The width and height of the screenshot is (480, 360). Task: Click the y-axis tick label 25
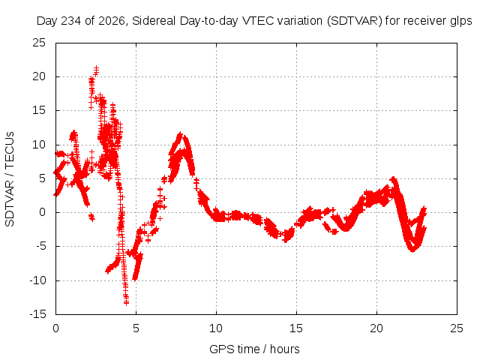(x=39, y=43)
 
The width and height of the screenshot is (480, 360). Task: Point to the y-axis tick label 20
(x=39, y=76)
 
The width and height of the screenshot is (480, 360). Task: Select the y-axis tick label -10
(x=37, y=280)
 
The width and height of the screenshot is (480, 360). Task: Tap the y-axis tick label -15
(x=37, y=314)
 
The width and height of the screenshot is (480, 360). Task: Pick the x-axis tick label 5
(x=136, y=328)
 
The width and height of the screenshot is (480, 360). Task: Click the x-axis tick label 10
(x=216, y=328)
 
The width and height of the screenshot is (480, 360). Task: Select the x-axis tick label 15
(x=296, y=328)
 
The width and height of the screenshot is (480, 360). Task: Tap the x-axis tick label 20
(x=376, y=328)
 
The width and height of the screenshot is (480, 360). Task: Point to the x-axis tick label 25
(x=457, y=328)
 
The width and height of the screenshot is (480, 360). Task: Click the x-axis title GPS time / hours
(x=254, y=349)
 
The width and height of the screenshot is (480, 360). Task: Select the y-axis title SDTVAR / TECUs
(x=10, y=179)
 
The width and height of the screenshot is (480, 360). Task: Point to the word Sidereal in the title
(x=154, y=21)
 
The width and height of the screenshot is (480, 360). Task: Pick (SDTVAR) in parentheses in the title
(x=355, y=21)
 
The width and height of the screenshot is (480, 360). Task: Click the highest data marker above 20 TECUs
(x=97, y=68)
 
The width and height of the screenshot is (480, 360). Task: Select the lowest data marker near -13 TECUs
(x=126, y=303)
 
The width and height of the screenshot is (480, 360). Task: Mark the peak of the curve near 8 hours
(x=180, y=134)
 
